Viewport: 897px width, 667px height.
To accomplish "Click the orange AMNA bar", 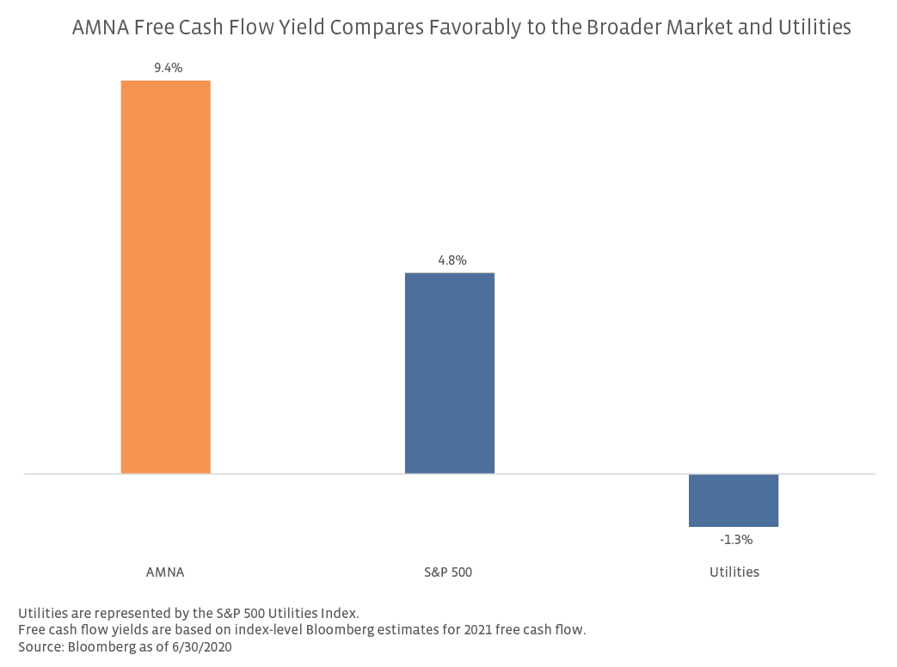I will pyautogui.click(x=165, y=277).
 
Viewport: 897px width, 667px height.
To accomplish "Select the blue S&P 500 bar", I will pyautogui.click(x=449, y=373).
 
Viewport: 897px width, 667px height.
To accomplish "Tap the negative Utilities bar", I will pyautogui.click(x=733, y=500).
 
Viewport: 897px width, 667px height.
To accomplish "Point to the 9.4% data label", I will pyautogui.click(x=169, y=68).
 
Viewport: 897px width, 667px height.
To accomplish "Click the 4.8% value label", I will pyautogui.click(x=452, y=260).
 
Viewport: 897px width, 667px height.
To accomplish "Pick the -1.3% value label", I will pyautogui.click(x=736, y=541).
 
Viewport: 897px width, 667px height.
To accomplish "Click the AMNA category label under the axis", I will pyautogui.click(x=166, y=572).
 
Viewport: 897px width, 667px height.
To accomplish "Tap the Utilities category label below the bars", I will pyautogui.click(x=734, y=572).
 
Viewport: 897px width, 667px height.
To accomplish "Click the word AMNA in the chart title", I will pyautogui.click(x=98, y=28).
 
